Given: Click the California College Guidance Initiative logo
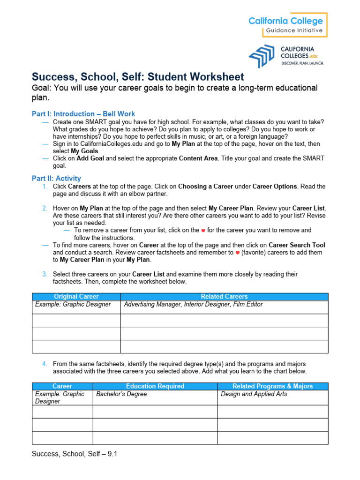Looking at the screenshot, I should point(287,25).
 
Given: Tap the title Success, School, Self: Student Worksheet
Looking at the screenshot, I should point(138,76).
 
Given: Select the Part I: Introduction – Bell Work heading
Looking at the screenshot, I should point(83,114).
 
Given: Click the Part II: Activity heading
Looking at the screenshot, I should point(56,178).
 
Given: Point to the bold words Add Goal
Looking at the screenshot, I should point(90,158).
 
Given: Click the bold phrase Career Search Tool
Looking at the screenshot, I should point(297,245).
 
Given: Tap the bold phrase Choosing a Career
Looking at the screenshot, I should point(206,187).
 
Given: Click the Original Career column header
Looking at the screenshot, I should point(76,297).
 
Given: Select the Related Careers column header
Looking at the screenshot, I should point(224,297).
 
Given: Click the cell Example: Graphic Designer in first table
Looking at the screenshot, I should point(73,305).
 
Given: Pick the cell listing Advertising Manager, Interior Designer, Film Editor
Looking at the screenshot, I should point(193,305).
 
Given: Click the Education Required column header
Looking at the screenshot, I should point(155,386).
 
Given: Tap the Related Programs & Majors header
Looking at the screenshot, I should point(273,386).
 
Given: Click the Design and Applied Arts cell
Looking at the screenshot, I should point(254,394).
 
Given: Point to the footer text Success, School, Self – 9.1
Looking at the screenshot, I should point(74,454).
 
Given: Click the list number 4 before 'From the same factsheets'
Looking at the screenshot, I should point(44,364).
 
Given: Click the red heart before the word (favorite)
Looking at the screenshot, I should point(238,253).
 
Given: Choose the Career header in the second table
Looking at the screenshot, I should point(62,386).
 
